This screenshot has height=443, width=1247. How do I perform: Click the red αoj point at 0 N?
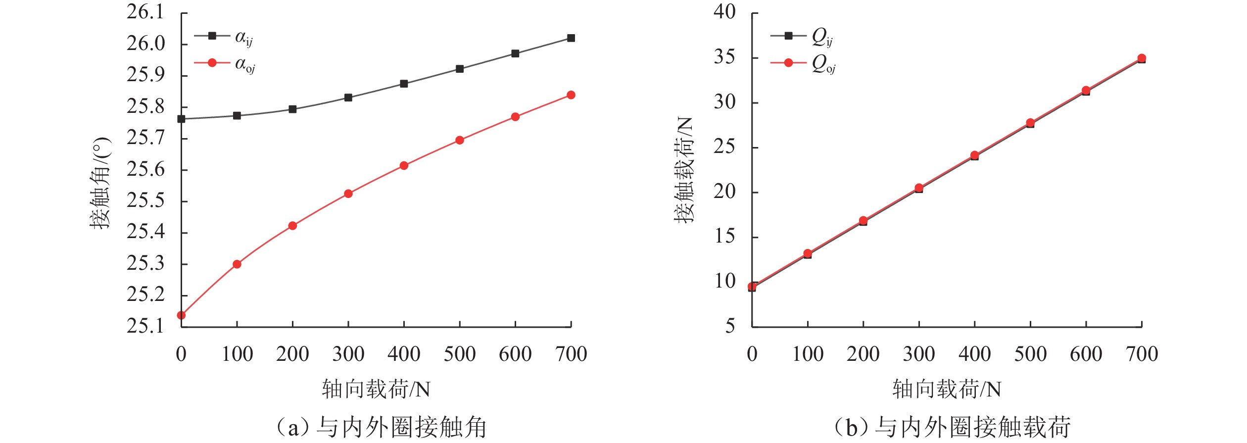pos(181,315)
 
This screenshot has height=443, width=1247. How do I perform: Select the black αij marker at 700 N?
pos(571,38)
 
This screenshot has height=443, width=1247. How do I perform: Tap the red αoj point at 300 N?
pos(348,194)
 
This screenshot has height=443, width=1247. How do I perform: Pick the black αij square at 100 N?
pos(237,116)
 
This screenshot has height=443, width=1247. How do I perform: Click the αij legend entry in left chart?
pos(224,37)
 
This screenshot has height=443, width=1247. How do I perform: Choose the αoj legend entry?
pos(225,63)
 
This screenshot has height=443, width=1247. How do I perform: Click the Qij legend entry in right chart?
pos(802,37)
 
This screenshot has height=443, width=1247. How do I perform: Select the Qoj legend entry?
pos(803,63)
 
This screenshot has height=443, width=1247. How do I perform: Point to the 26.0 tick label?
pos(145,44)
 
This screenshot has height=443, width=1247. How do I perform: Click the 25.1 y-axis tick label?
pos(145,326)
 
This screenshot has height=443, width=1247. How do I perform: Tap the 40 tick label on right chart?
pos(724,12)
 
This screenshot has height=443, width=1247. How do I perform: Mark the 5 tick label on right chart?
pos(730,326)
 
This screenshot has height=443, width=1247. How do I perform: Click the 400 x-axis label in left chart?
pos(404,354)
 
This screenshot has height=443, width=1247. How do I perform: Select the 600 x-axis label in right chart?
pos(1086,354)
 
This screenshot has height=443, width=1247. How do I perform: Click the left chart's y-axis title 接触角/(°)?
pos(100,183)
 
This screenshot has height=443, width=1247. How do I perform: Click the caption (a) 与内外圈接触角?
pos(381,427)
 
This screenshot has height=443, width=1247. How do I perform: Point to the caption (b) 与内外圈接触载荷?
pos(953,427)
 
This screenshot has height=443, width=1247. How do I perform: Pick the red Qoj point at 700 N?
pos(1142,58)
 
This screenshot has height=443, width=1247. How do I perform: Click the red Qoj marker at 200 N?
pos(863,221)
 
